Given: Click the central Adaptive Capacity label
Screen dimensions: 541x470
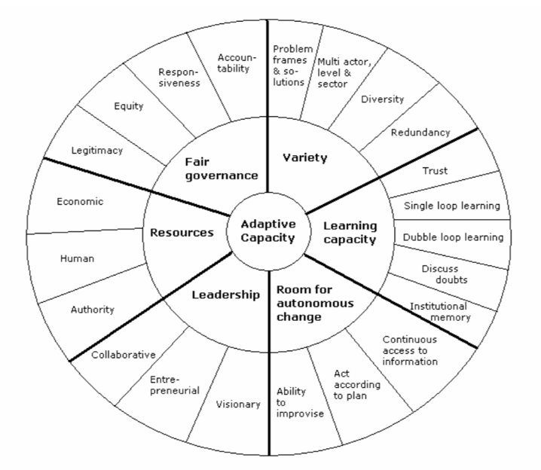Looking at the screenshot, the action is coord(268,231).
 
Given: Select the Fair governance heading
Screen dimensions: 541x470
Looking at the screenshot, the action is coord(222,169).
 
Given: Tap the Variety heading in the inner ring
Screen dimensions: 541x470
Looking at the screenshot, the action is coord(305,157).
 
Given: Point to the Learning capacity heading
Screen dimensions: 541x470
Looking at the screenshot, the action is coord(350,233).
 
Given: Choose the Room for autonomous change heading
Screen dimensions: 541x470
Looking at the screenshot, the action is coord(315,303).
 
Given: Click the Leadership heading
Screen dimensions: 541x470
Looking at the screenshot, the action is coord(225,295).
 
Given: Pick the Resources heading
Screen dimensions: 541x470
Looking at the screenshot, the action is coord(182,233).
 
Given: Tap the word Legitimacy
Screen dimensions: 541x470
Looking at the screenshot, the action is coord(97,151).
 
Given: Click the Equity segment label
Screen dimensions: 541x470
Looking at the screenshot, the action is coord(129,106).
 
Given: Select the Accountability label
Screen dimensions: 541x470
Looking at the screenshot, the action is coord(237,63).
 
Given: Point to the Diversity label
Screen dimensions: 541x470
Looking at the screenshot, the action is coord(382,99).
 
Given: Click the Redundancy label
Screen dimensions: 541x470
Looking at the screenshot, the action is coord(420,133).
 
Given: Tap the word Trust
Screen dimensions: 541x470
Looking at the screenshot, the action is coord(435,171).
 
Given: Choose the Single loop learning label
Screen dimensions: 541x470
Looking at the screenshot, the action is coord(452,206).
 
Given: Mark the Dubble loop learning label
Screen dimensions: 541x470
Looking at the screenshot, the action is coord(454,237).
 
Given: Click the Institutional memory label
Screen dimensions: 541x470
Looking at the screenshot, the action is coord(439,312).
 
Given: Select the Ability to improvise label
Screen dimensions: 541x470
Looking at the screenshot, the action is coord(300,402).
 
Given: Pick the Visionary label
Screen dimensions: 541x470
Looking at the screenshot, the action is coord(238,404).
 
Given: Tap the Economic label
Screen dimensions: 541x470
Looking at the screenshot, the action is coord(80,201).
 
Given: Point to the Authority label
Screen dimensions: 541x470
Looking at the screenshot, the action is coord(93,310).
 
